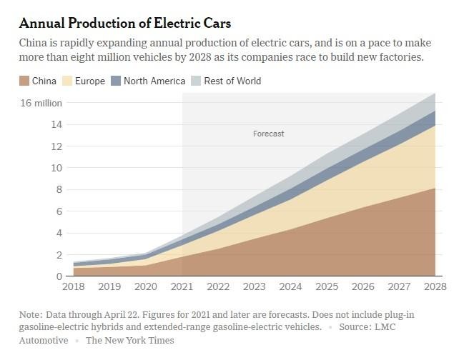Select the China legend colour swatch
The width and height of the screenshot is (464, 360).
24,81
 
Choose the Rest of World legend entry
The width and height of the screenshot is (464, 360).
232,81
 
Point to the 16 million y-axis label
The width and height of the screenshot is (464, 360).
41,103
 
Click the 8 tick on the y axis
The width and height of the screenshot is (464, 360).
59,189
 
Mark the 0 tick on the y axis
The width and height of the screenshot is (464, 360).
59,276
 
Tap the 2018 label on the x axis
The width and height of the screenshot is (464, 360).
73,287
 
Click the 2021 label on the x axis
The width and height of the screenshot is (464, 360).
182,287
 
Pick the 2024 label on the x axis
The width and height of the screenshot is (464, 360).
290,287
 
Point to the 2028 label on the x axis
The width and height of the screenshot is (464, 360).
435,287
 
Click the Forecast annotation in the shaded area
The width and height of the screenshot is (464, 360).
269,134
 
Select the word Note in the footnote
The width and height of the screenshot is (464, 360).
31,314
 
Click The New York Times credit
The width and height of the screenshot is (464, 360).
129,341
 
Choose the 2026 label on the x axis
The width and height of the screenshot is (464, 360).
362,287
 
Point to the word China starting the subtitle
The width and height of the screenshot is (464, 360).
34,42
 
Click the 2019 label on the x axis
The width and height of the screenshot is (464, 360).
109,287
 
